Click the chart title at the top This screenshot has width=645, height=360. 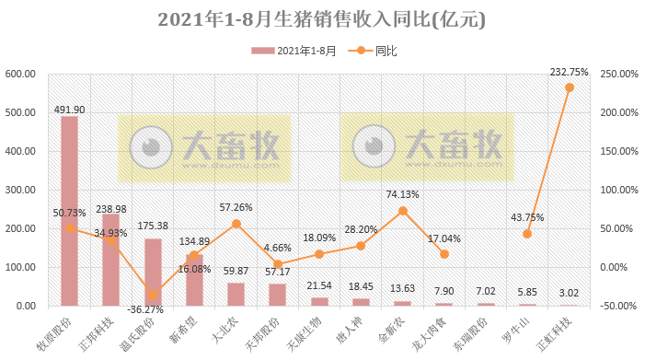tap(321, 19)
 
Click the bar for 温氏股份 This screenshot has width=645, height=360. tap(153, 272)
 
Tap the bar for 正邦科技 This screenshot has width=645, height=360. tap(110, 260)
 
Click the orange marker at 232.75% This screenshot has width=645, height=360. tap(570, 87)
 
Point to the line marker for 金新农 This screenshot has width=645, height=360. tap(403, 211)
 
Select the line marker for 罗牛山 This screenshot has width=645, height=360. tap(527, 234)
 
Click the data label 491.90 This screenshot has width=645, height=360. tap(69, 109)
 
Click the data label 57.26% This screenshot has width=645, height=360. tap(236, 207)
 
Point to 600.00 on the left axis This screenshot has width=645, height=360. tap(19, 75)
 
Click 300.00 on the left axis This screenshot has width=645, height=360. tap(19, 190)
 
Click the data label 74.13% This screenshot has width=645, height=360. tap(403, 194)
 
